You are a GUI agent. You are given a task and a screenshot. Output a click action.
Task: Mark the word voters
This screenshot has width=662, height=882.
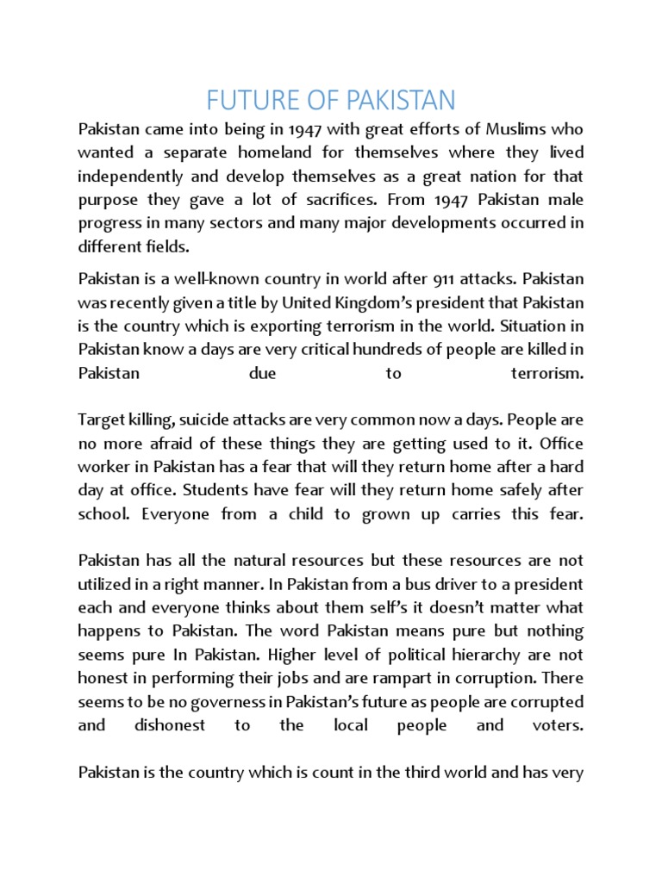tap(556, 724)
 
